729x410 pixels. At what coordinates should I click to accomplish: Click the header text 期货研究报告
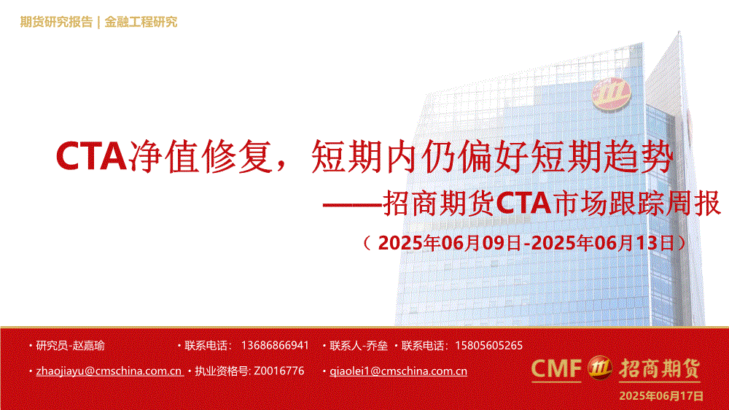tap(56, 22)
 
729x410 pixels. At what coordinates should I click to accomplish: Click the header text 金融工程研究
tap(141, 22)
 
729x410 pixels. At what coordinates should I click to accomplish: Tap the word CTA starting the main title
tap(91, 156)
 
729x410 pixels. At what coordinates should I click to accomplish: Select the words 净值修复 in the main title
tap(200, 156)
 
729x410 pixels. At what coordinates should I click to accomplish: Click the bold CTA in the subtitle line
tap(523, 204)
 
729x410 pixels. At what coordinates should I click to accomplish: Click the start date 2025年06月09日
tap(450, 243)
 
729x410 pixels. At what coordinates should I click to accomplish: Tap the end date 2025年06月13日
tap(602, 243)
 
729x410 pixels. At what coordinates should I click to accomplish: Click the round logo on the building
tap(611, 94)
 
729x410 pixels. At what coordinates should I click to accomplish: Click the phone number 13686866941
tap(275, 345)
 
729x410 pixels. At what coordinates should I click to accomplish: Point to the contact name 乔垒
tap(377, 346)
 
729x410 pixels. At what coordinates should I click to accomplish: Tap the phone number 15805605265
tap(488, 345)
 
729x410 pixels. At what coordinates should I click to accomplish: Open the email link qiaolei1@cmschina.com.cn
tap(399, 371)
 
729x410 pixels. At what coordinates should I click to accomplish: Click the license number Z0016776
tap(279, 371)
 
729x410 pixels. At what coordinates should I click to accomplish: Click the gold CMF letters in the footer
tap(556, 368)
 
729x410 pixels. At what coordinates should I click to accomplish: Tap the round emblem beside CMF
tap(600, 368)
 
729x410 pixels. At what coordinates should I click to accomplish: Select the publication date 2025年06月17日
tap(661, 396)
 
